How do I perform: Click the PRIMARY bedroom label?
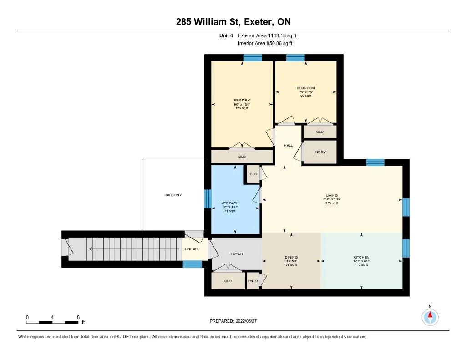(242, 100)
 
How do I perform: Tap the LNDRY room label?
(319, 152)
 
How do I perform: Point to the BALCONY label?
(173, 195)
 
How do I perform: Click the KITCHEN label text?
(361, 257)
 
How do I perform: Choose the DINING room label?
(291, 257)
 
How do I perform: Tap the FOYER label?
(237, 254)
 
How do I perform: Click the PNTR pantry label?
(253, 281)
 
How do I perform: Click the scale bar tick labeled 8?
(78, 317)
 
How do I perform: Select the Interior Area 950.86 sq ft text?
(265, 44)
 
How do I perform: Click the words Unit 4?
(226, 35)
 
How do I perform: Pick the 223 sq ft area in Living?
(332, 203)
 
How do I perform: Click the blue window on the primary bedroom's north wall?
(253, 58)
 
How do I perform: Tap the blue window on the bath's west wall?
(208, 198)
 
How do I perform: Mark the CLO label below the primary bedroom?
(242, 157)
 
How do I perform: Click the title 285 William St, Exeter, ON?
(233, 22)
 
